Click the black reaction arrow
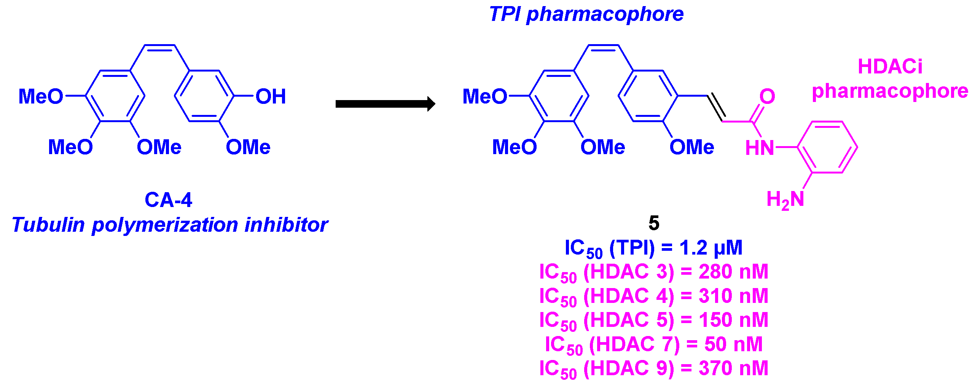point(384,104)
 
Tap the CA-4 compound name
point(168,200)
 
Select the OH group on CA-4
point(271,96)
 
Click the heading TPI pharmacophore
point(586,14)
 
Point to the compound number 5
point(654,223)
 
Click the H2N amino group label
point(785,200)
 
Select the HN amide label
point(760,148)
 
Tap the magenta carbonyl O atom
point(767,96)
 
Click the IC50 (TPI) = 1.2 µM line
point(653,248)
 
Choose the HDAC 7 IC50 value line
point(653,345)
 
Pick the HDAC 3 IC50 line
point(653,272)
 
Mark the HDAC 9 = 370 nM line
point(653,369)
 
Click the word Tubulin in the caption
point(48,225)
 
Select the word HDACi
point(890,67)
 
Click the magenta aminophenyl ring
point(827,147)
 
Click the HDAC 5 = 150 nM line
point(653,320)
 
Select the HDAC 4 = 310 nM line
point(653,296)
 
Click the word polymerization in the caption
point(165,225)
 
